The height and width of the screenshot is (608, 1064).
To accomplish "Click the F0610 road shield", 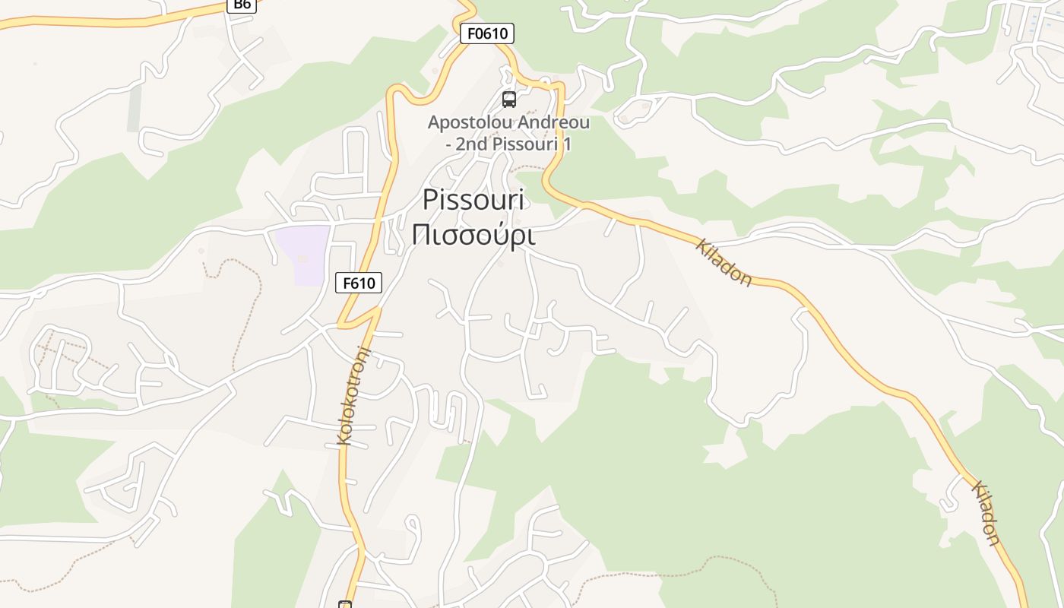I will [487, 33].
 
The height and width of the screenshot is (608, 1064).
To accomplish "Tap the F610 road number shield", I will [359, 283].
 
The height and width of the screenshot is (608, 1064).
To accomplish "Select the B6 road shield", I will [242, 5].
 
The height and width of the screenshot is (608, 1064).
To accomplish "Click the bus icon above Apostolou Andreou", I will [509, 99].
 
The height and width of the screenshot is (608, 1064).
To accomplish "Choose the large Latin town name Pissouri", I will [473, 200].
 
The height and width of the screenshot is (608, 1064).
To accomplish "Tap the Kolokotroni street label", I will [353, 395].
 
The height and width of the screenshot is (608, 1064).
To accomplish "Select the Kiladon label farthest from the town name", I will [986, 513].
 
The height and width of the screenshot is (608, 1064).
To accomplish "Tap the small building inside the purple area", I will [302, 259].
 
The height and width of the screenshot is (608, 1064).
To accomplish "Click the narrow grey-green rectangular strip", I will [135, 107].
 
